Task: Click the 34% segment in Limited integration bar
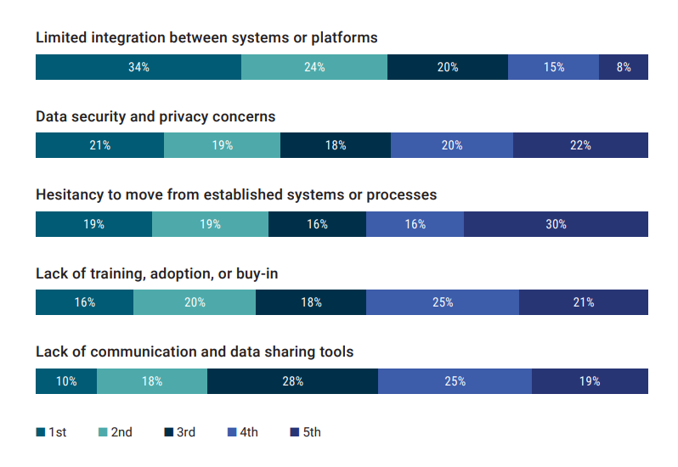point(138,67)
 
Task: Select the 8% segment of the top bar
point(624,67)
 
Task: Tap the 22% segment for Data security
point(580,145)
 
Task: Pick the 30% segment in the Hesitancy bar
point(556,224)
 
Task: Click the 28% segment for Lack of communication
point(293,381)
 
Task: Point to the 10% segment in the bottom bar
point(66,381)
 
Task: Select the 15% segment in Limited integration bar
point(553,67)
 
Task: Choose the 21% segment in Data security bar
point(99,145)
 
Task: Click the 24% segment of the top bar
point(314,67)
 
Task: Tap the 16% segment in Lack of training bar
point(84,302)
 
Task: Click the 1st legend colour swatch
point(40,432)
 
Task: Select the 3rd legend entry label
point(185,432)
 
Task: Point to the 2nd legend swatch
point(103,432)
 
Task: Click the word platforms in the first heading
point(347,38)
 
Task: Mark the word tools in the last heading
point(336,352)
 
